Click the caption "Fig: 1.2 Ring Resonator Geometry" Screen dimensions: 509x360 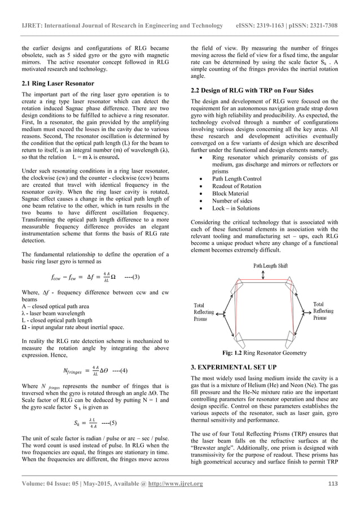click(x=265, y=353)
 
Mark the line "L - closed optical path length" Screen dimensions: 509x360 click(x=59, y=320)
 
